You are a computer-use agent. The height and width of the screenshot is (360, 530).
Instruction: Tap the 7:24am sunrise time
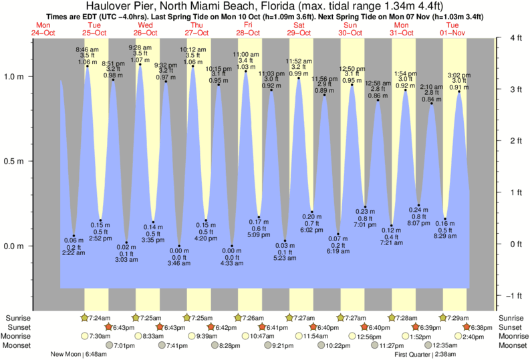[x=100, y=318]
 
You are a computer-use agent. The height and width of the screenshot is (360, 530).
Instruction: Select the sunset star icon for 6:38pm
[x=467, y=327]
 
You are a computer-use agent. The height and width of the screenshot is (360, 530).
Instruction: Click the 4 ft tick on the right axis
[x=515, y=38]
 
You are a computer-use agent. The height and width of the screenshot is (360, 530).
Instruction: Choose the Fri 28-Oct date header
[x=247, y=29]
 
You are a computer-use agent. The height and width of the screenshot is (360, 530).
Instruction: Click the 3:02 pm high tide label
[x=458, y=75]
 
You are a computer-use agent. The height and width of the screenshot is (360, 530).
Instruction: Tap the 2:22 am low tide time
[x=74, y=253]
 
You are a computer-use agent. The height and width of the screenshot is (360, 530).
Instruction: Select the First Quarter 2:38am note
[x=425, y=355]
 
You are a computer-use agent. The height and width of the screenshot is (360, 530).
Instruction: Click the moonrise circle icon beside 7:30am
[x=84, y=337]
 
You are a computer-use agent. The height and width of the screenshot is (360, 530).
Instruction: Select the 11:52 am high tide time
[x=299, y=60]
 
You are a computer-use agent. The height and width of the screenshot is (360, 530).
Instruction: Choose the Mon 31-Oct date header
[x=401, y=29]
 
